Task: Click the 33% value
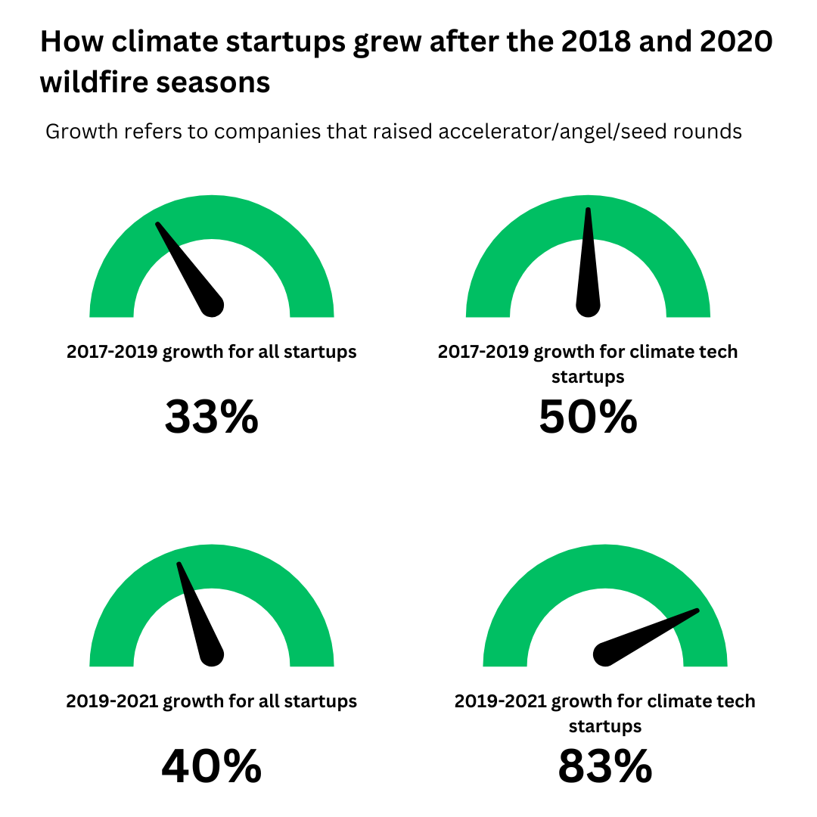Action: [211, 417]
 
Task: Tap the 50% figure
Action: [588, 417]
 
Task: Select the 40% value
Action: [211, 766]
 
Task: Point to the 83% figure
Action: [604, 766]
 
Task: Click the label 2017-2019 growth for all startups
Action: [211, 352]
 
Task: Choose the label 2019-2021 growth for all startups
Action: [211, 701]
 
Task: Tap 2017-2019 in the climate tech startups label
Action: [483, 352]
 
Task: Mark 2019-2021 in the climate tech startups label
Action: [499, 701]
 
